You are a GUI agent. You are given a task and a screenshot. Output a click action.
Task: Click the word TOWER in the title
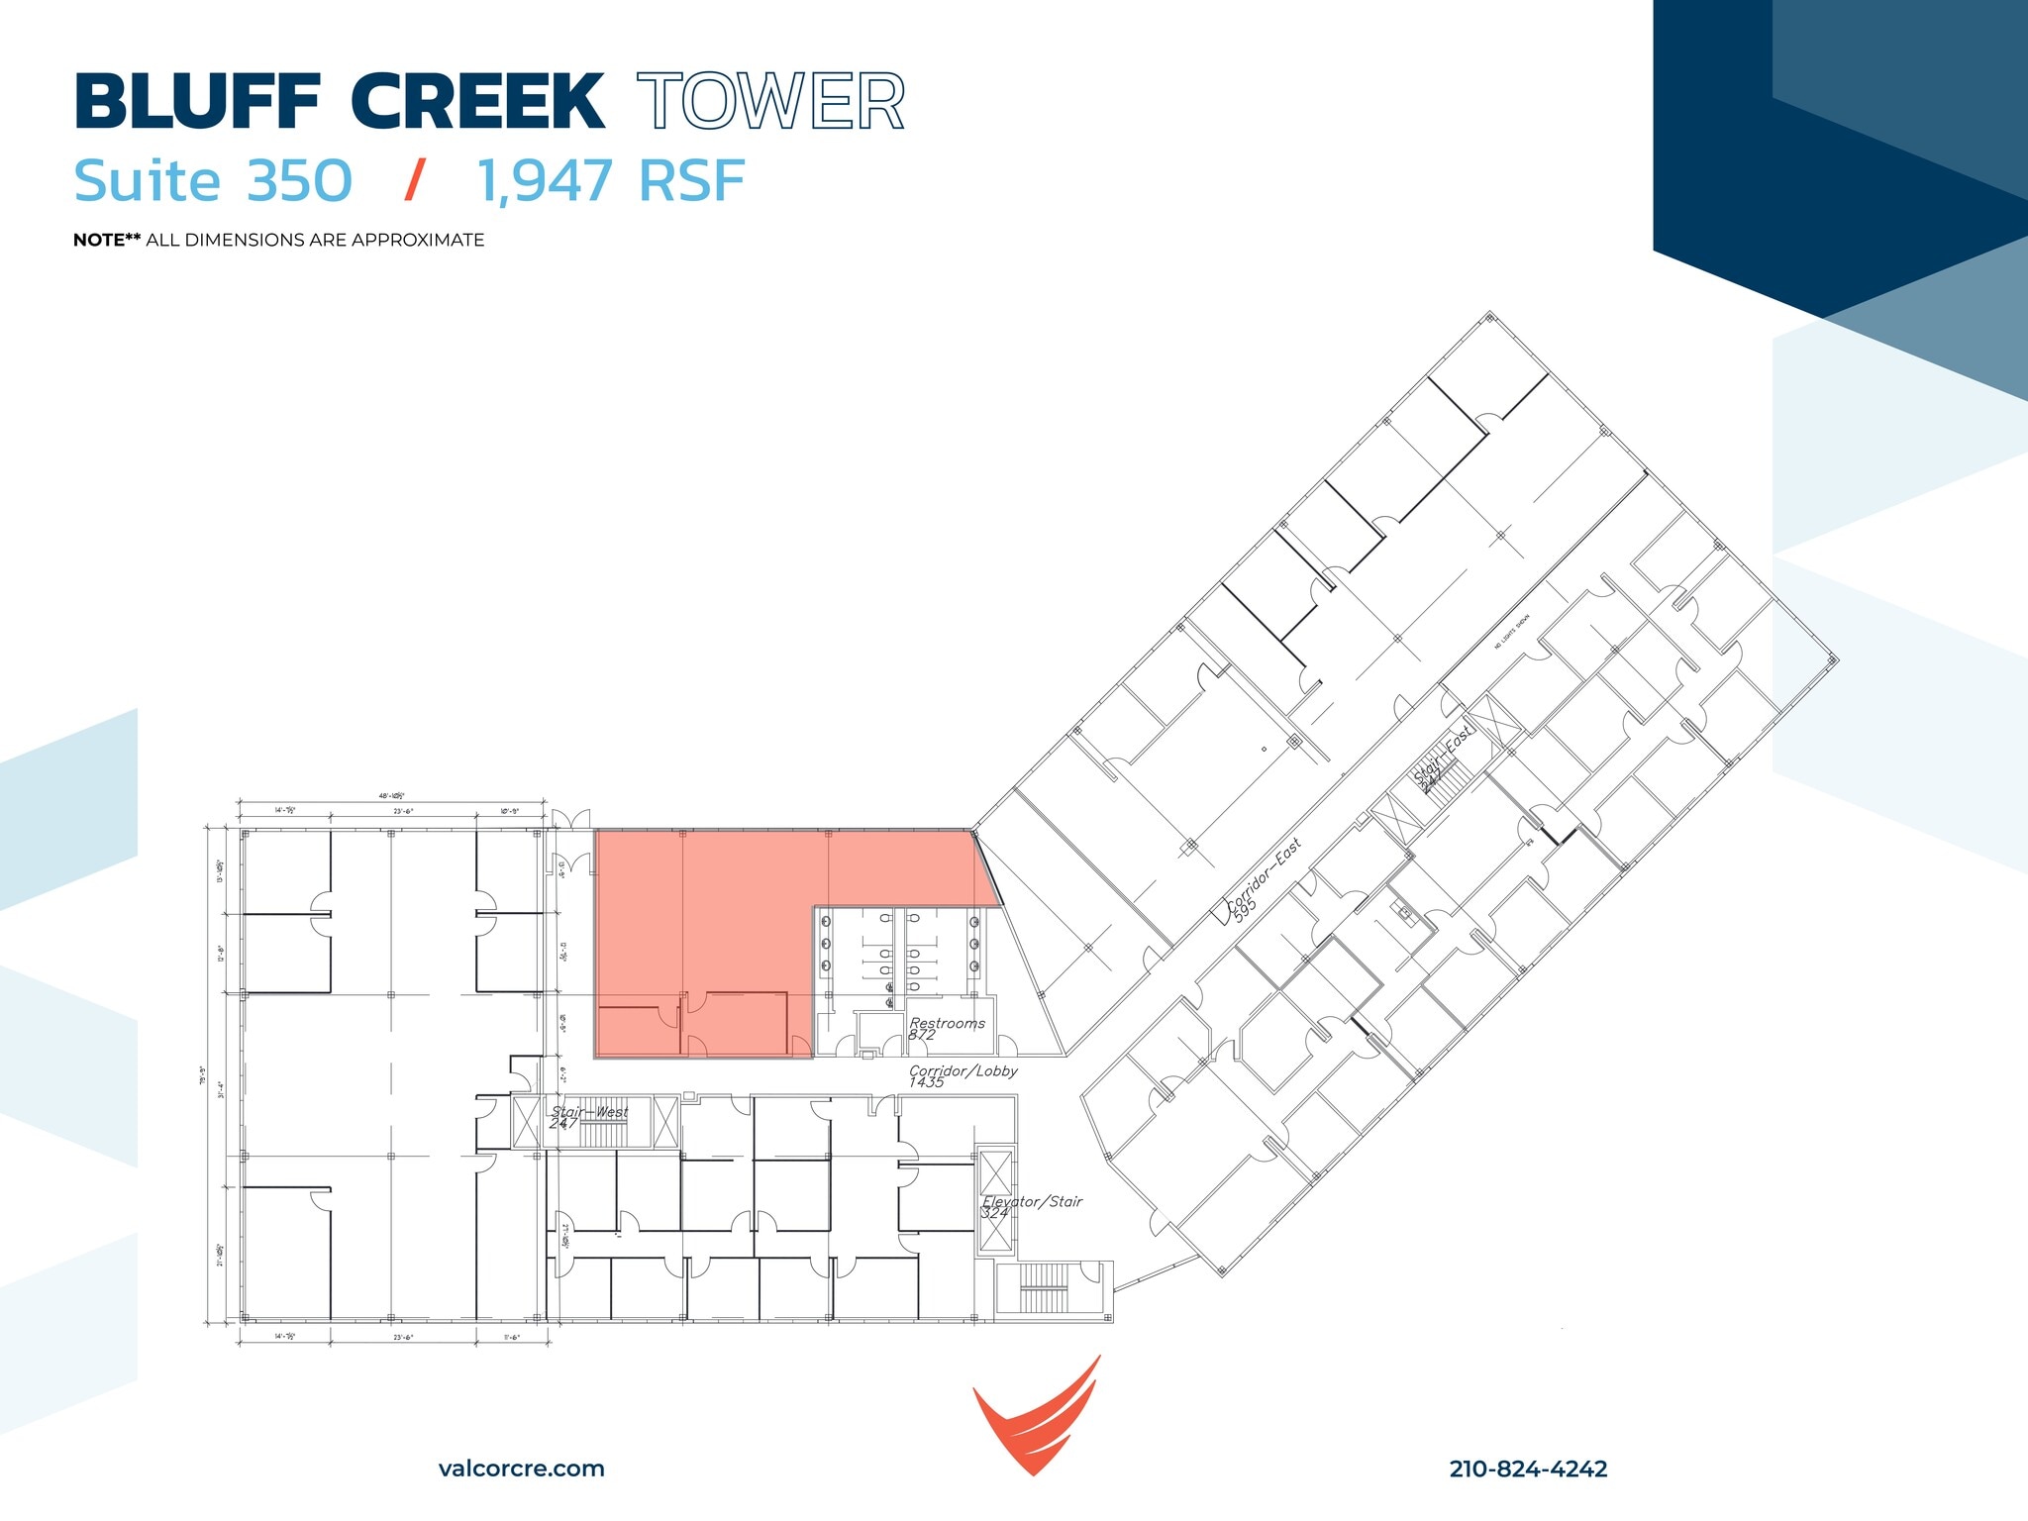770,101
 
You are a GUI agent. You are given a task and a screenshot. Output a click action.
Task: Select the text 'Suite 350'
213,180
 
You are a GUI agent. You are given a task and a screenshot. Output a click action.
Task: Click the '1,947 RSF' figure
611,180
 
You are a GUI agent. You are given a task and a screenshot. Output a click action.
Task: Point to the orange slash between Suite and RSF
415,180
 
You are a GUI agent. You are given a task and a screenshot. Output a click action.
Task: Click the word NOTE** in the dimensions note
107,240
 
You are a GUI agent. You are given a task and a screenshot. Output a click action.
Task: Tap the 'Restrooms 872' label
946,1028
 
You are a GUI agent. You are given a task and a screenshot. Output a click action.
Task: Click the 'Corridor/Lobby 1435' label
962,1075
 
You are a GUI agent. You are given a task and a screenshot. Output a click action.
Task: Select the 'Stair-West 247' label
589,1117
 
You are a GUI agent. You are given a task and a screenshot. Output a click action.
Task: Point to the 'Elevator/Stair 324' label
1031,1206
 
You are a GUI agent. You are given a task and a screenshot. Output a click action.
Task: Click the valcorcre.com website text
521,1469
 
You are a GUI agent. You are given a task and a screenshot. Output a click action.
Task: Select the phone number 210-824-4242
1528,1469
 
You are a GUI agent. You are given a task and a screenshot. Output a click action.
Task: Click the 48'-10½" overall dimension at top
391,795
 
